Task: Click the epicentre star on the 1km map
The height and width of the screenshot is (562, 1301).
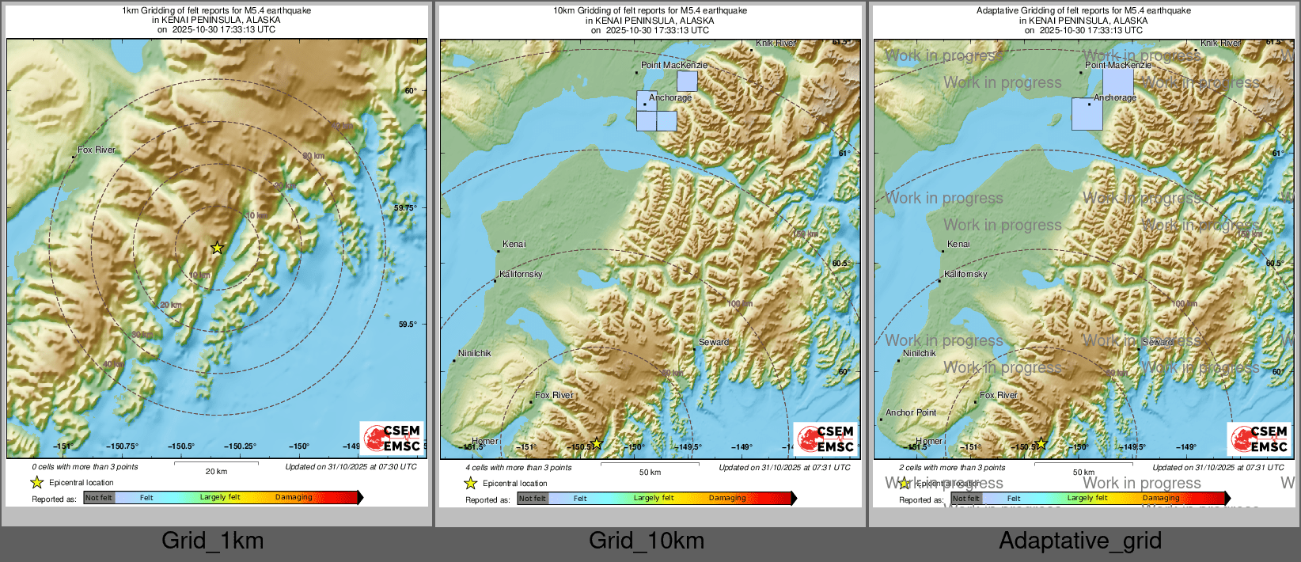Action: [x=217, y=248]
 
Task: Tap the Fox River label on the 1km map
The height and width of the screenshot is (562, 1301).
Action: [x=97, y=150]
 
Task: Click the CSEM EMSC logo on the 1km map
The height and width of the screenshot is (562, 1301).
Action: [x=392, y=438]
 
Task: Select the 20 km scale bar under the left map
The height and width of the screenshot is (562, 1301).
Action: [x=216, y=463]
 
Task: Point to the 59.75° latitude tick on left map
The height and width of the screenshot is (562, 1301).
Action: [x=405, y=207]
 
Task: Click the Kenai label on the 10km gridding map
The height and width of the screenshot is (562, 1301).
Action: [x=514, y=244]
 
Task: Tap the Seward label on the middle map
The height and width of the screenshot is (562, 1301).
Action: [x=713, y=342]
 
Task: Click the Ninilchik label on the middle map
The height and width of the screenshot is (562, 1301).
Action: [x=475, y=353]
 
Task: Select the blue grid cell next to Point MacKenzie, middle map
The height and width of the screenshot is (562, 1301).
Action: [x=687, y=82]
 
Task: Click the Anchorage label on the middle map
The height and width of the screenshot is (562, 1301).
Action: [x=670, y=98]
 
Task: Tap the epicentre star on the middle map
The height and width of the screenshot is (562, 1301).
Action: [x=597, y=444]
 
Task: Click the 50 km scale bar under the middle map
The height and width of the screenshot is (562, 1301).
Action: [x=650, y=464]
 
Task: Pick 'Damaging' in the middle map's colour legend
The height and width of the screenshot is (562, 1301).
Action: [x=727, y=498]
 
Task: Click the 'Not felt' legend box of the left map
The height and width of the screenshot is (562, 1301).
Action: [x=99, y=497]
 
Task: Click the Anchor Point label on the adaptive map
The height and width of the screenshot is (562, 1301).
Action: [x=911, y=412]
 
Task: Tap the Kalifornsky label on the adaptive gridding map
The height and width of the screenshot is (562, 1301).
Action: [x=965, y=274]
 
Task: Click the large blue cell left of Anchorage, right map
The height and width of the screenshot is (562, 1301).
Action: [x=1087, y=114]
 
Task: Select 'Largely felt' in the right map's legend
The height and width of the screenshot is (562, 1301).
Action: [x=1087, y=498]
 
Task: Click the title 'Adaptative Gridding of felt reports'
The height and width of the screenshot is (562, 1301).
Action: [x=1083, y=11]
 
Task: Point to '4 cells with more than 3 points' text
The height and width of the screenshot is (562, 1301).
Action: [x=518, y=467]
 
